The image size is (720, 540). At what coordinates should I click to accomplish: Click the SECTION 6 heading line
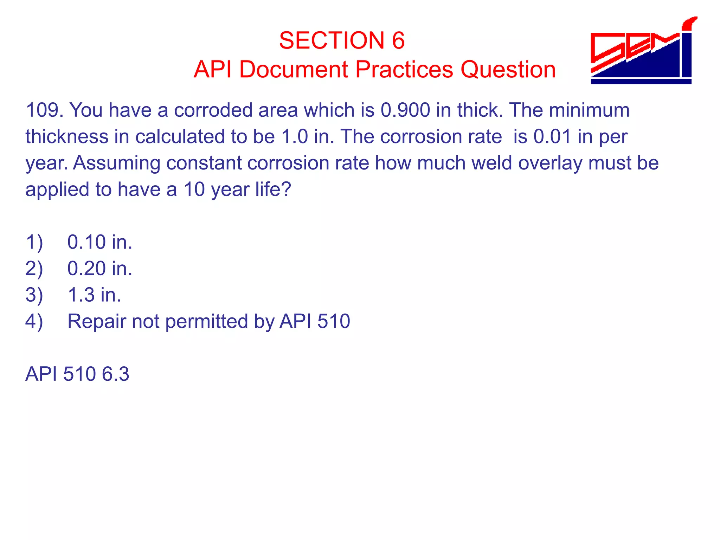click(x=342, y=40)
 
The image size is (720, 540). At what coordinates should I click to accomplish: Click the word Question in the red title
click(x=508, y=69)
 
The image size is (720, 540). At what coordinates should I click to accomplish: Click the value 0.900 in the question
click(x=405, y=110)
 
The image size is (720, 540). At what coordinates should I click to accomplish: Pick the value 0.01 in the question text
click(x=552, y=136)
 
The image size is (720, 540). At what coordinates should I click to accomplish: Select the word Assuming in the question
click(x=116, y=163)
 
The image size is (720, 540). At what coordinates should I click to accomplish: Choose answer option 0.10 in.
click(x=99, y=242)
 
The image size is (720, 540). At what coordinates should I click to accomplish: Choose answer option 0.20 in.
click(x=99, y=269)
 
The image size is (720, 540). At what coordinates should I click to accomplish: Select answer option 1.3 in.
click(x=94, y=295)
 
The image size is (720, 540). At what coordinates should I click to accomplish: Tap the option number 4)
click(x=34, y=321)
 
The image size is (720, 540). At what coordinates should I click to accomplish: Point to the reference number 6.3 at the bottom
click(x=115, y=374)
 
